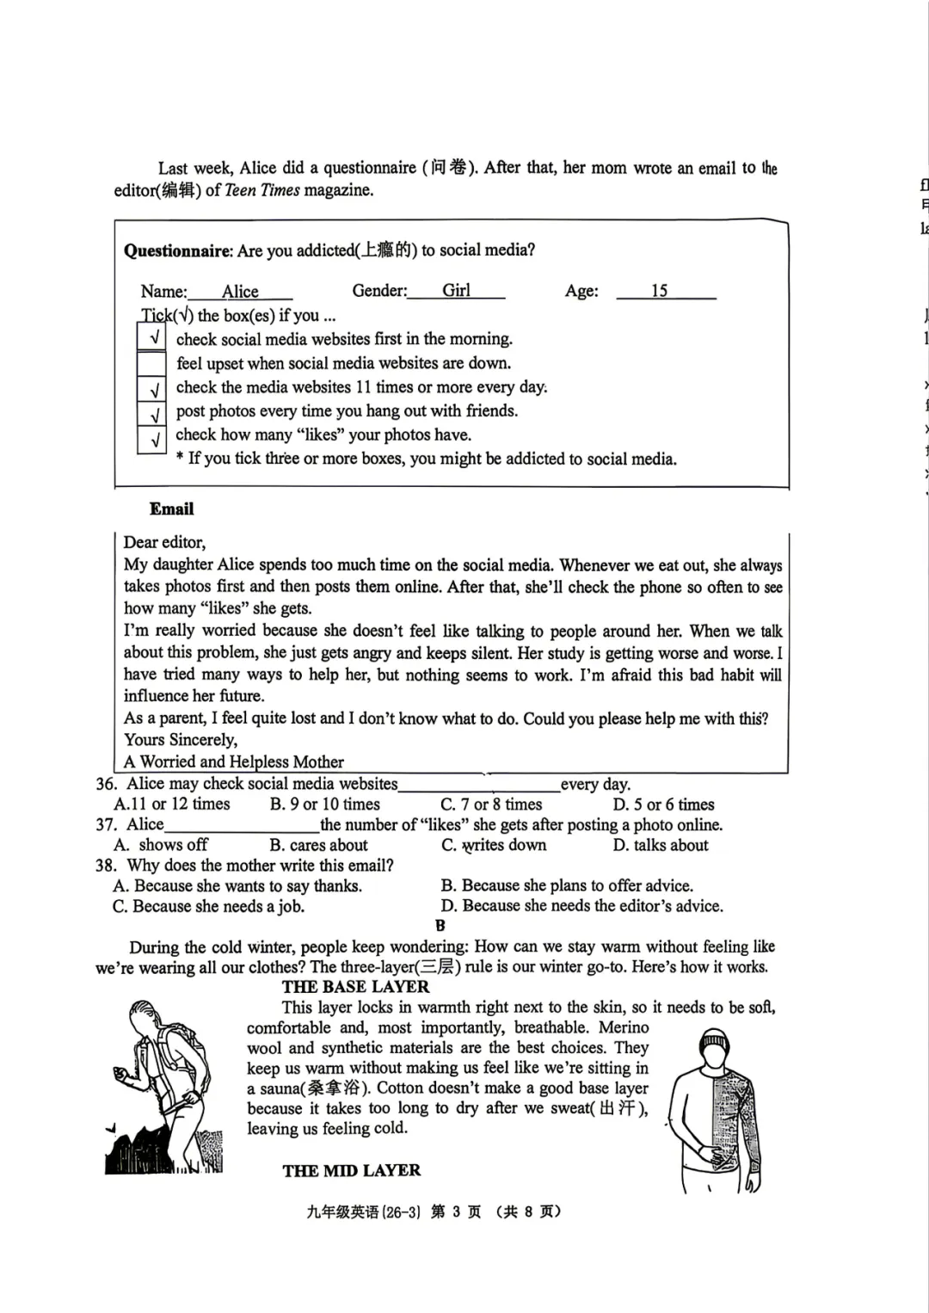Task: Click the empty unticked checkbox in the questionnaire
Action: click(x=152, y=363)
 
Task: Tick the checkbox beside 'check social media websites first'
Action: click(x=152, y=338)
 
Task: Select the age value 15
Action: click(x=659, y=291)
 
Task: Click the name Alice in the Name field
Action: click(x=240, y=292)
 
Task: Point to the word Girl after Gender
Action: click(x=456, y=291)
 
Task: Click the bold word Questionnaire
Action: click(x=177, y=250)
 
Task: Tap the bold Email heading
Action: click(x=171, y=509)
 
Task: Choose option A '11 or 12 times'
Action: click(x=172, y=804)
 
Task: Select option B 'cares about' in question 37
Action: click(x=318, y=845)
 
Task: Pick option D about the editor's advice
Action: click(x=582, y=906)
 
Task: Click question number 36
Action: click(x=106, y=784)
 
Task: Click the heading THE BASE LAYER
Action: click(x=355, y=987)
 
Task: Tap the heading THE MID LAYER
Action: click(x=351, y=1170)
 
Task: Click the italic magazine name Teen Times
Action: click(x=261, y=190)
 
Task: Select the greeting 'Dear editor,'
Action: click(x=164, y=542)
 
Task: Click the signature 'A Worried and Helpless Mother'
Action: click(x=233, y=761)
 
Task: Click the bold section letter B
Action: click(x=440, y=926)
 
